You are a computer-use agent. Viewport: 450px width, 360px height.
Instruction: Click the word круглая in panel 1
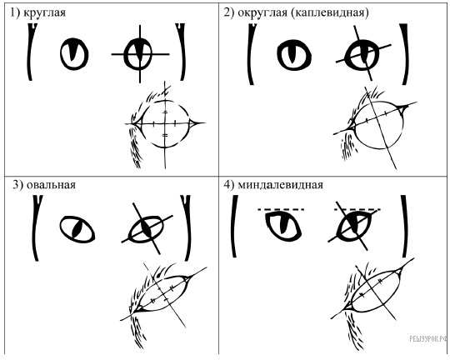coord(44,13)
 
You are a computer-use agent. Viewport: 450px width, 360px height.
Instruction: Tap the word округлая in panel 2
coord(262,12)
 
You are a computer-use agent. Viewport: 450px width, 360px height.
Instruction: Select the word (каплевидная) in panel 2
coord(330,13)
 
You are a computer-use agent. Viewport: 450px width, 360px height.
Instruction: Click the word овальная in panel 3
coord(51,185)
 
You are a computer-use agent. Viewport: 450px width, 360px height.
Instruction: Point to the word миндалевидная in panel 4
coord(280,185)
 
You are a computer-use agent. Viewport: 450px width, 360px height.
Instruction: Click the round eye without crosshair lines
coord(74,53)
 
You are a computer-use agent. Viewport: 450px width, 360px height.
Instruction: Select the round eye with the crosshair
coord(138,54)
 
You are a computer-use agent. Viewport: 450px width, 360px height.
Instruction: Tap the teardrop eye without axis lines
coord(294,55)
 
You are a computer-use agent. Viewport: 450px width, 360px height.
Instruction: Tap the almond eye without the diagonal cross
coord(283,226)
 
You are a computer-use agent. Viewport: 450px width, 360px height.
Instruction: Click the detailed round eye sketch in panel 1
coord(165,123)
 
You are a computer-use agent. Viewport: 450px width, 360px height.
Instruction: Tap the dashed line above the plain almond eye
coord(281,209)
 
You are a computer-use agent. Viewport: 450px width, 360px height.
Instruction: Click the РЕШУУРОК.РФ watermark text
coord(428,339)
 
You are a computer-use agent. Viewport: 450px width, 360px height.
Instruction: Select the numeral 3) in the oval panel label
coord(17,185)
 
